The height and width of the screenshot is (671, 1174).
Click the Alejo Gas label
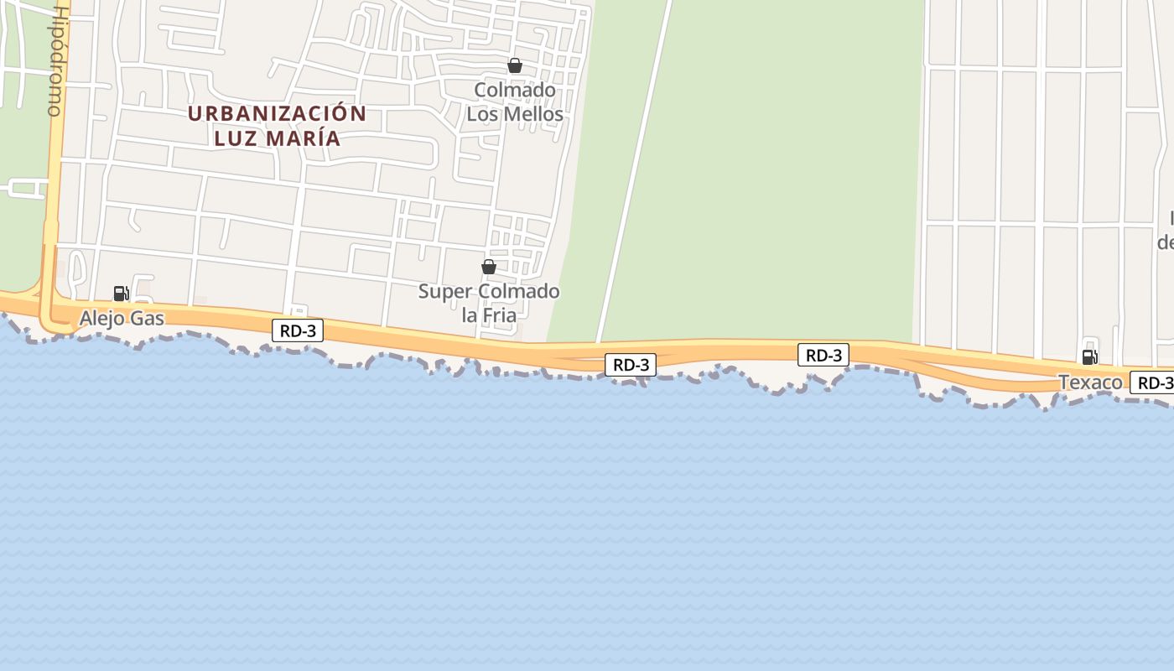pos(122,319)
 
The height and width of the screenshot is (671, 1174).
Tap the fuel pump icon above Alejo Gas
pos(121,294)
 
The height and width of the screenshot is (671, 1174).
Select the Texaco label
pos(1090,382)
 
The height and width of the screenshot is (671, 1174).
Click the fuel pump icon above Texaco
pos(1089,357)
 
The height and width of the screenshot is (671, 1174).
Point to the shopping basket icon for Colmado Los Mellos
pos(515,65)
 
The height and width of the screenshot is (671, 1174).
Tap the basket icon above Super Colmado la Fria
pos(489,267)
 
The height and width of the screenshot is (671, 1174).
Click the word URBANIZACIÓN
pos(277,113)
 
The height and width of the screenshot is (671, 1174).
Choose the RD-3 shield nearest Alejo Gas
pos(298,330)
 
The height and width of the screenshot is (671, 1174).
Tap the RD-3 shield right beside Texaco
pos(1154,382)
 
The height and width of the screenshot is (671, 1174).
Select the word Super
pos(447,292)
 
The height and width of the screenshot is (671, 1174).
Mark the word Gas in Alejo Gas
pos(147,319)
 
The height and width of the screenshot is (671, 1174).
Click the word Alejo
pos(101,319)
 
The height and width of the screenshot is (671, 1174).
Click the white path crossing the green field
pos(635,168)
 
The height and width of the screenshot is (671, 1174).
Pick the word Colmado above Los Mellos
pos(515,90)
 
